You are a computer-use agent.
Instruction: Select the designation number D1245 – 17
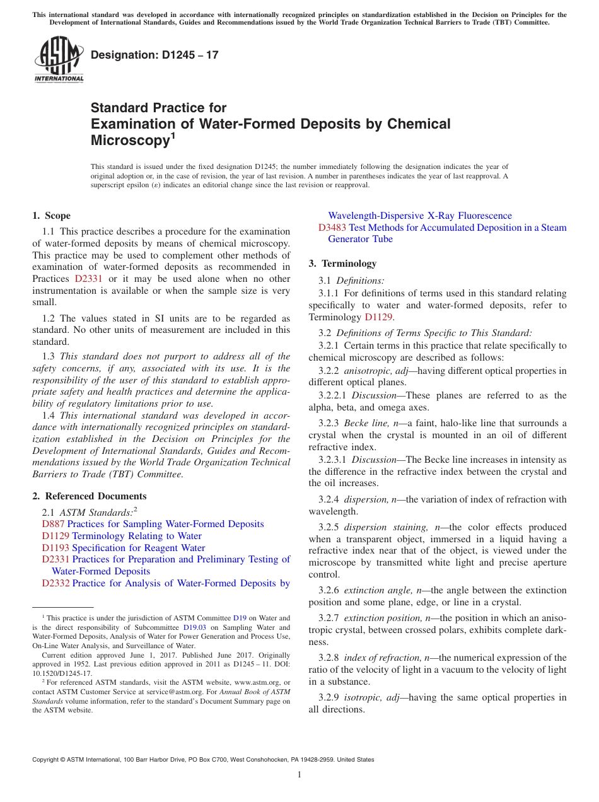coord(154,55)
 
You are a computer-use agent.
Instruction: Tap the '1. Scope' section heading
coord(52,216)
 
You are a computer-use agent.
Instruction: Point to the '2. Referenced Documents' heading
coord(90,496)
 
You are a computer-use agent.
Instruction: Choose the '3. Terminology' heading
coord(342,264)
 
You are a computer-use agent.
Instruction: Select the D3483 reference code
coord(332,228)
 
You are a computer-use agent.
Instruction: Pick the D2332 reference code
coord(55,583)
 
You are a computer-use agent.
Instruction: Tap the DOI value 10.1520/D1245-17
coord(62,673)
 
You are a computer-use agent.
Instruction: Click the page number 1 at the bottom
coord(299,775)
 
